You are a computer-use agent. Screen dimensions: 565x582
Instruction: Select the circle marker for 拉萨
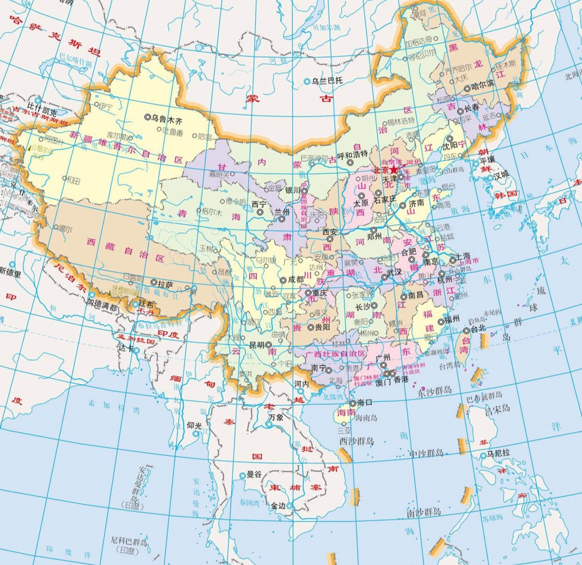click(x=154, y=282)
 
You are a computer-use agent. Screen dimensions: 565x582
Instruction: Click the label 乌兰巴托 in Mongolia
click(x=328, y=81)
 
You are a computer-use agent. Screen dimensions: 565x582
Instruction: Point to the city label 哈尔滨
click(x=481, y=87)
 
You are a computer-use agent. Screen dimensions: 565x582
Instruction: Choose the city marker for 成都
click(x=283, y=280)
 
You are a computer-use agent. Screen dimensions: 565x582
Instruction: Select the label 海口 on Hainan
click(x=364, y=402)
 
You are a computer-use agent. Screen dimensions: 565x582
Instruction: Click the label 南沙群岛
click(x=423, y=513)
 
